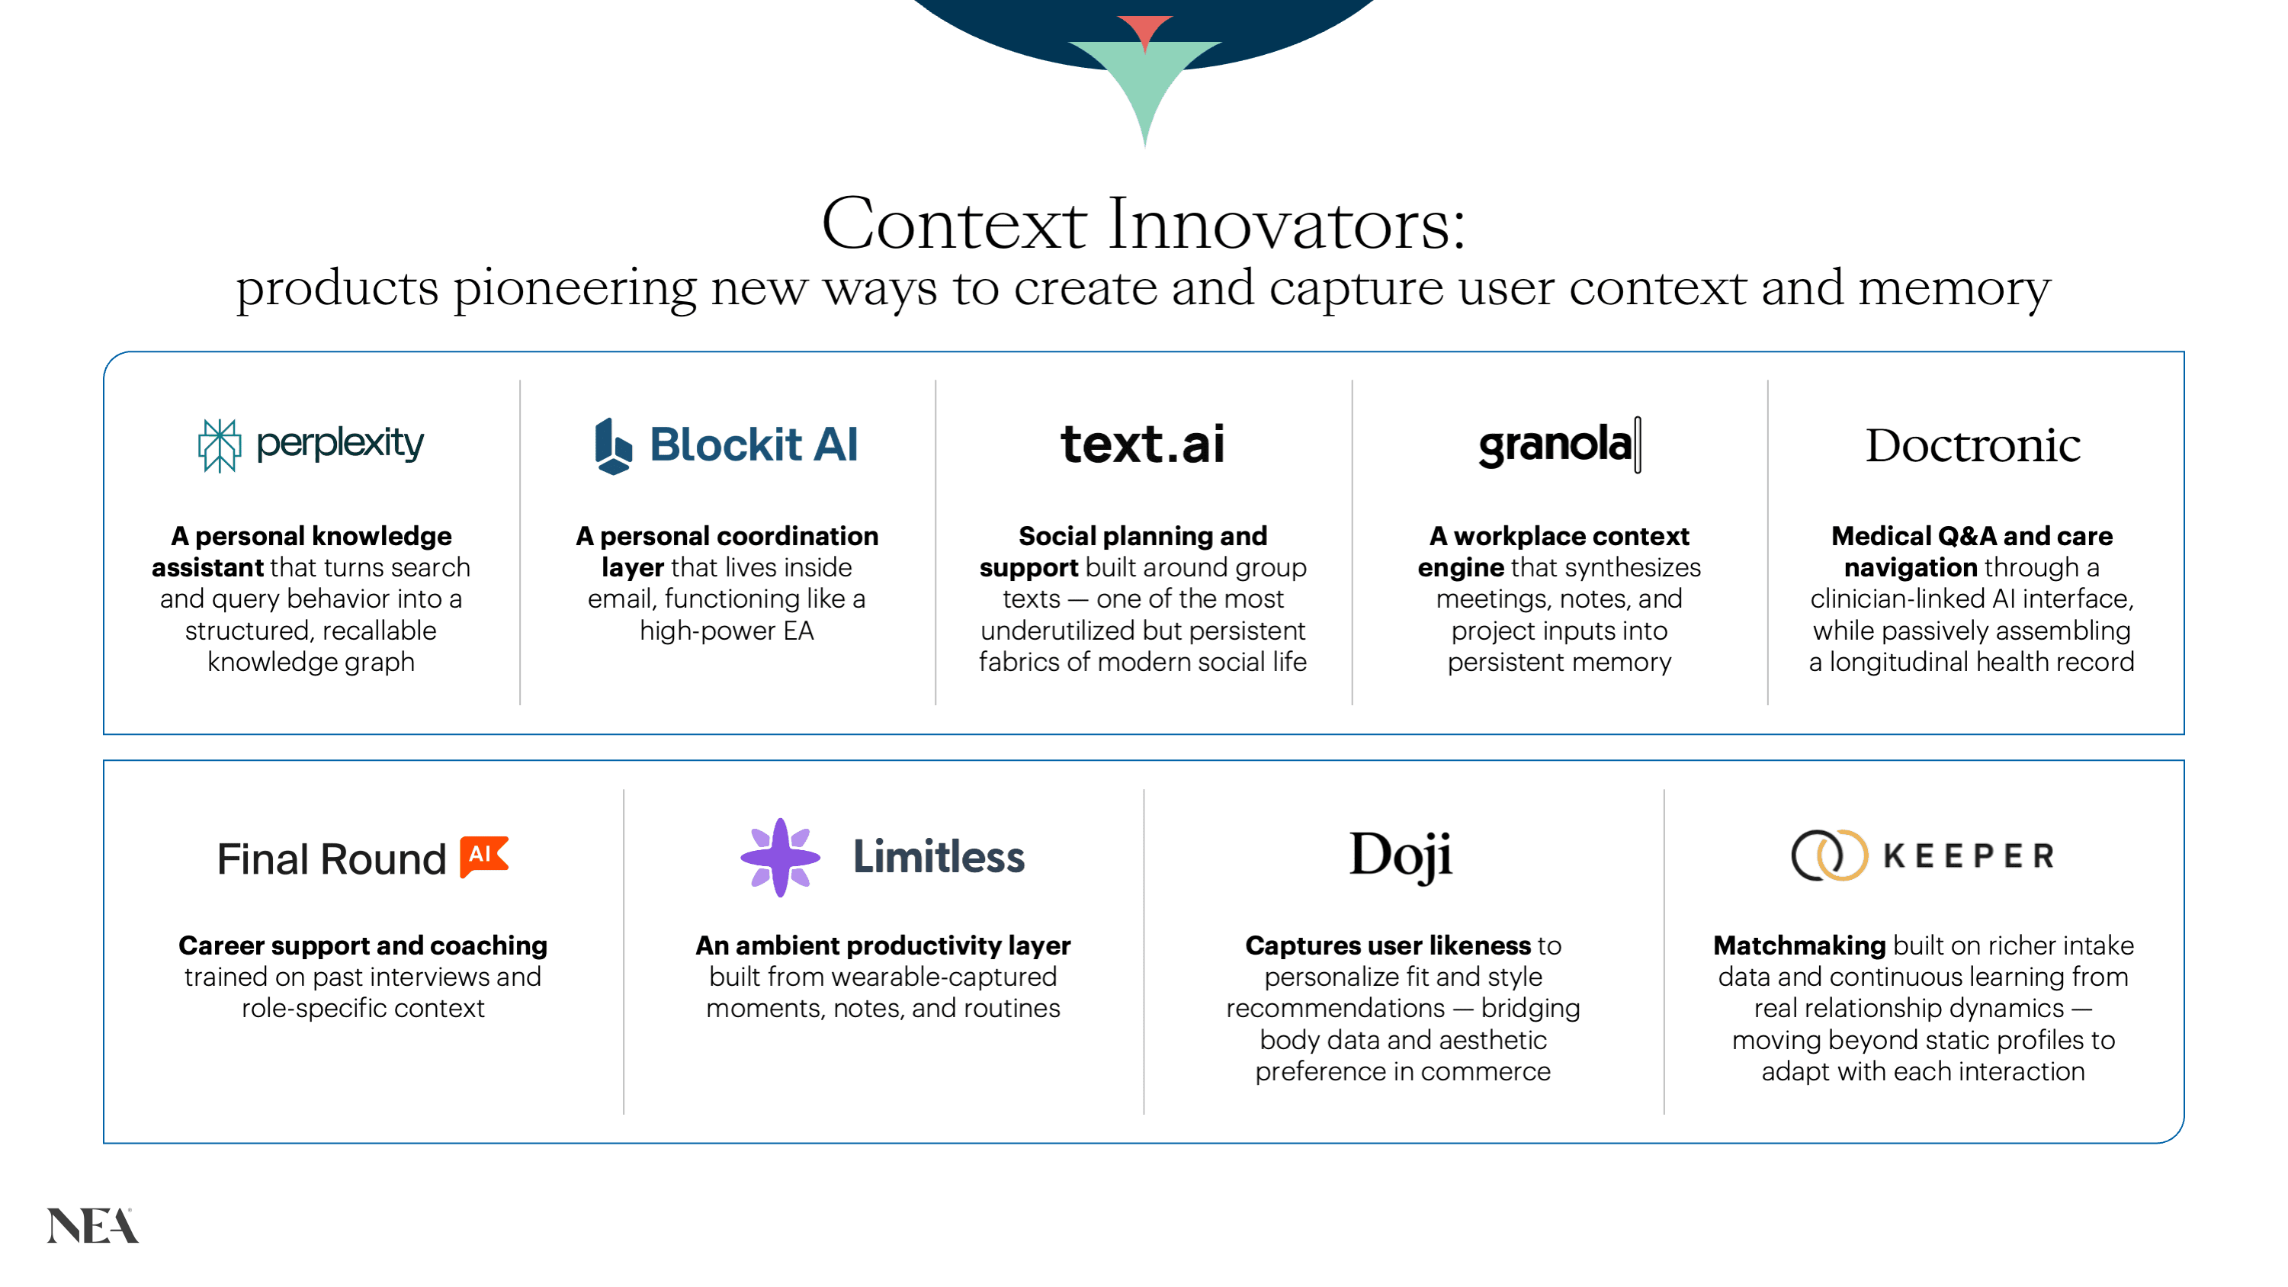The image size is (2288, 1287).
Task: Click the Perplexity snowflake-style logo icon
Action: [219, 445]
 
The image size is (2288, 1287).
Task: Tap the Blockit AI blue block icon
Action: [613, 446]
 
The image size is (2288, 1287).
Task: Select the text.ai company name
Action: [1142, 443]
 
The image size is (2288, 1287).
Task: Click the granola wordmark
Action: [1559, 444]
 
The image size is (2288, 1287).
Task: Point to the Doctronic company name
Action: [1972, 445]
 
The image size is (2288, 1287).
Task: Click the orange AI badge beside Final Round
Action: [484, 856]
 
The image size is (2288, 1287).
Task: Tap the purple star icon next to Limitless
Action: [780, 857]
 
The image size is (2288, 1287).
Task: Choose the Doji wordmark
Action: [1401, 857]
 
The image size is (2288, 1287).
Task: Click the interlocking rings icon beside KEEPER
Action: [1829, 855]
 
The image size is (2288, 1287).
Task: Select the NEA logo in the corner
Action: [92, 1226]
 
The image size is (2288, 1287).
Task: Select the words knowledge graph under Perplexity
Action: [311, 663]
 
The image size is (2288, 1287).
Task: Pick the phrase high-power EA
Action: [727, 631]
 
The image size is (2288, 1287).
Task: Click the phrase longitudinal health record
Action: [1982, 663]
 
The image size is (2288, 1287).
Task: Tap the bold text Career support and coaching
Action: [362, 946]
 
